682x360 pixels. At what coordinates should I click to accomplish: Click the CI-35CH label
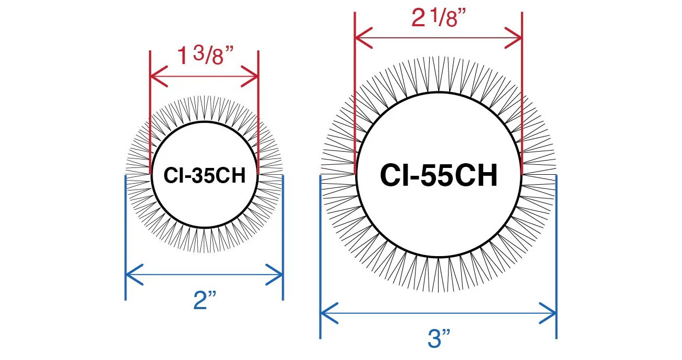[205, 176]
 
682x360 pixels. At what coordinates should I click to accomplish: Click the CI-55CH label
[439, 176]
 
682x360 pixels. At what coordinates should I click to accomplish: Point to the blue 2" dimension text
[205, 300]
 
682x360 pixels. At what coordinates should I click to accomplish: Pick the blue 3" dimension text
[439, 338]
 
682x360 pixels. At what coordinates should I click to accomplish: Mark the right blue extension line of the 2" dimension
[283, 236]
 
